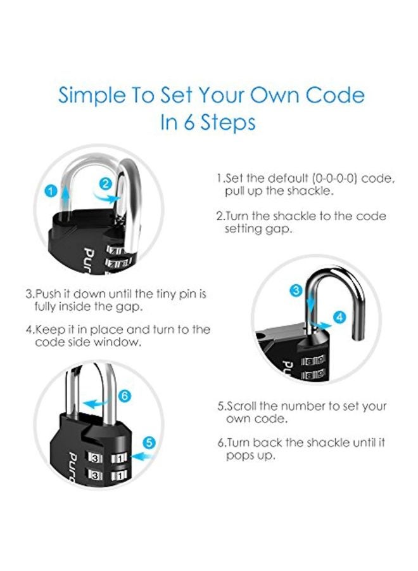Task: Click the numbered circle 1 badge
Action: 50,190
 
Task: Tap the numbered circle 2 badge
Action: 106,184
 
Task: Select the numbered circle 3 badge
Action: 296,291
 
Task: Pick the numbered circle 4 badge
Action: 339,316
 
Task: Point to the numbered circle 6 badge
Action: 125,396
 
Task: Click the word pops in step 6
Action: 241,456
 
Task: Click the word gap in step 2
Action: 279,229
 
